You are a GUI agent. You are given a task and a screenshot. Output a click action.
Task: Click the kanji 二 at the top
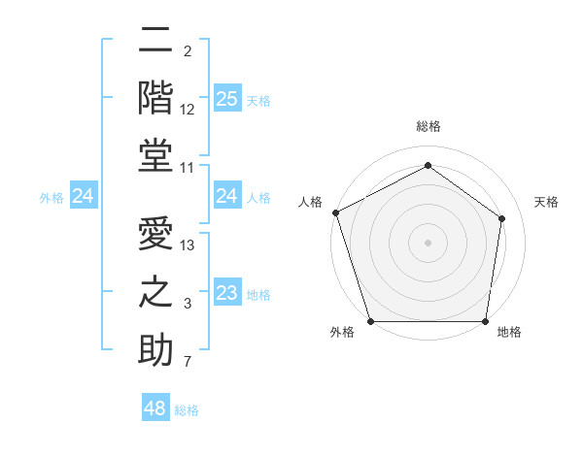(156, 41)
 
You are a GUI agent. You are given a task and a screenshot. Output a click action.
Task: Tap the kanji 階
(156, 97)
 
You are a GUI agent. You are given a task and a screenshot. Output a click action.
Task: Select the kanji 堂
(156, 155)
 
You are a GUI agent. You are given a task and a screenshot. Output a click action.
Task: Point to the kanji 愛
(156, 234)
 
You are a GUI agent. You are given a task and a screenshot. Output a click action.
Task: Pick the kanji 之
(156, 292)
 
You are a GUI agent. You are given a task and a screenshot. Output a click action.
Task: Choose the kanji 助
(156, 350)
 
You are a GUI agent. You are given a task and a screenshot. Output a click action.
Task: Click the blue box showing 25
(226, 99)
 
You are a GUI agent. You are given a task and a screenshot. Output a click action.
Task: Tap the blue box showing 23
(226, 293)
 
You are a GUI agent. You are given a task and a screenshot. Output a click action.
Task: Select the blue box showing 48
(155, 408)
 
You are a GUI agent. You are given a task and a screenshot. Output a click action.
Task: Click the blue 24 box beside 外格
(84, 197)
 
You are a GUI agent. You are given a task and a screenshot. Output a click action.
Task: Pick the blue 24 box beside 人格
(226, 197)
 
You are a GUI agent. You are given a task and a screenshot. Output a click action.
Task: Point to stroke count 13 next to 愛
(189, 245)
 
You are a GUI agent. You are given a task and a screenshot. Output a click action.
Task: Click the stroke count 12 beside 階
(189, 109)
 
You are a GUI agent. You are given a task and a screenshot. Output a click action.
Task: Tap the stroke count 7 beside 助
(188, 363)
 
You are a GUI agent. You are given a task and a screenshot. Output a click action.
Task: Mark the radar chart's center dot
(428, 242)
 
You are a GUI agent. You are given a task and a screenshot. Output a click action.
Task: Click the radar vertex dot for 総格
(428, 165)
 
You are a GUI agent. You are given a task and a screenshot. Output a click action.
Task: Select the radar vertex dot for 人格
(334, 212)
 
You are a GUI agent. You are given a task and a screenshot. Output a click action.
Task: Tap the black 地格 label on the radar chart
(509, 332)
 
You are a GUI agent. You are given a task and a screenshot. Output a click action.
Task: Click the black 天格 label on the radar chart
(546, 202)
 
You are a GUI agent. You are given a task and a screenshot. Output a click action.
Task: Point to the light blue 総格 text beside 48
(187, 410)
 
